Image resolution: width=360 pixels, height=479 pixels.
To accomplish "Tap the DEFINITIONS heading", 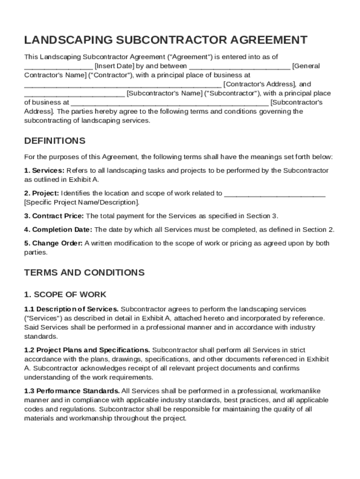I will click(x=55, y=141).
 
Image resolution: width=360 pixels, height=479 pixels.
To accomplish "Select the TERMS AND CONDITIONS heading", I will click(x=84, y=272).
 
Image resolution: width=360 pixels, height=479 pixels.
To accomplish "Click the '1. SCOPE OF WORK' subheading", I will click(x=65, y=295).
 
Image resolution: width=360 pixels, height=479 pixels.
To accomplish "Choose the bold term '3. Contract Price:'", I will click(x=54, y=216).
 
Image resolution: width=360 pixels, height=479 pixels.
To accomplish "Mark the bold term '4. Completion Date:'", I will click(x=58, y=230).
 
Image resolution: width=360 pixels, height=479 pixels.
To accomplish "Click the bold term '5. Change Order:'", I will click(x=53, y=243).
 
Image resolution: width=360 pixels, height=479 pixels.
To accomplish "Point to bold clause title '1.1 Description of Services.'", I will click(x=72, y=309).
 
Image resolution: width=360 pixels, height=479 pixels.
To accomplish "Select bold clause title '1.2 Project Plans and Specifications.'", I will click(x=87, y=350).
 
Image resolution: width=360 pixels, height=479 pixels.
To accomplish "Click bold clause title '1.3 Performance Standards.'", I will click(x=72, y=391).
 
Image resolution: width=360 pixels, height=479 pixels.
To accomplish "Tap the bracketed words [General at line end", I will click(x=306, y=66).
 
